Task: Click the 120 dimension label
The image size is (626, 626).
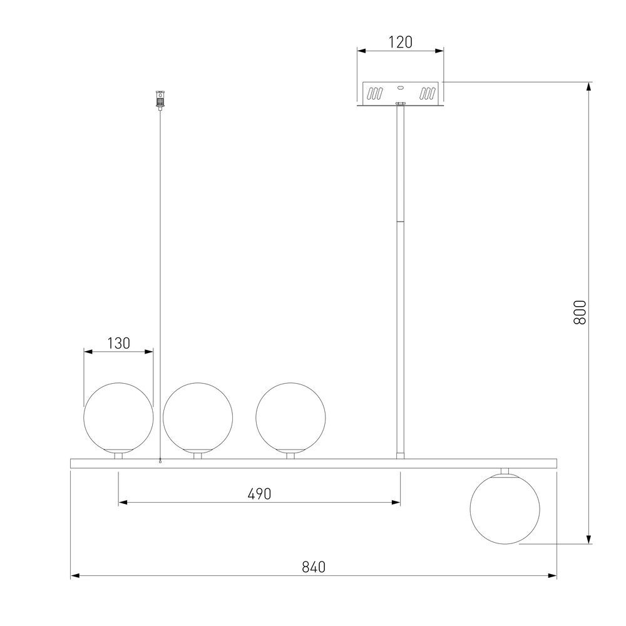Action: (x=401, y=42)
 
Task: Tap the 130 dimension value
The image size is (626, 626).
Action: (x=118, y=343)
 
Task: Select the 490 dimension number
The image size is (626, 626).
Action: (x=260, y=494)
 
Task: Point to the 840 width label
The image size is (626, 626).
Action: (x=314, y=567)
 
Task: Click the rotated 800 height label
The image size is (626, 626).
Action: (x=580, y=312)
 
